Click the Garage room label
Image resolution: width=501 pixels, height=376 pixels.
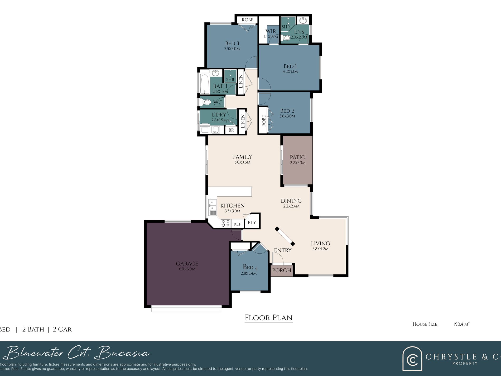pyautogui.click(x=187, y=264)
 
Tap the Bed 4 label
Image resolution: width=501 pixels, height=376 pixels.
pyautogui.click(x=250, y=267)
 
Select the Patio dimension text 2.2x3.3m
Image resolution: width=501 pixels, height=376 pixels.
pyautogui.click(x=297, y=163)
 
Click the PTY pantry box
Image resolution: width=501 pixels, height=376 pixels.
pyautogui.click(x=252, y=222)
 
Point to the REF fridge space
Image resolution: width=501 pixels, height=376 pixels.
pyautogui.click(x=237, y=224)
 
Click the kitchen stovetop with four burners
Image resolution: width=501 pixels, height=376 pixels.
pyautogui.click(x=225, y=223)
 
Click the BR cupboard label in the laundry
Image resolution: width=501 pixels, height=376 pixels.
pyautogui.click(x=231, y=130)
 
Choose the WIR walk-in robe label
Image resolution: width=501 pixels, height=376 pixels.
pyautogui.click(x=271, y=31)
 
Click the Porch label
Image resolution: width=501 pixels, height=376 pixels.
pyautogui.click(x=282, y=270)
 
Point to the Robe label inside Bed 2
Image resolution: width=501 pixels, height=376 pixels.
pyautogui.click(x=264, y=121)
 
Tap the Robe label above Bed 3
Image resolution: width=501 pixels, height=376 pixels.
pyautogui.click(x=247, y=20)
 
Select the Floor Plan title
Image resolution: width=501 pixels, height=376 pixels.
pyautogui.click(x=268, y=318)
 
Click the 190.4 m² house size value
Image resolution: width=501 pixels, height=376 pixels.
pyautogui.click(x=461, y=324)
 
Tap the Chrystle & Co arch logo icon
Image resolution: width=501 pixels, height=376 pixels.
pyautogui.click(x=412, y=359)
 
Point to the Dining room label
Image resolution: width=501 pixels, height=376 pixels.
pyautogui.click(x=291, y=201)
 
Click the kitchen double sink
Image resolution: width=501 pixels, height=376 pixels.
pyautogui.click(x=213, y=205)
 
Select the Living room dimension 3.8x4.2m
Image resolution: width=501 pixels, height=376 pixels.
pyautogui.click(x=320, y=249)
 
